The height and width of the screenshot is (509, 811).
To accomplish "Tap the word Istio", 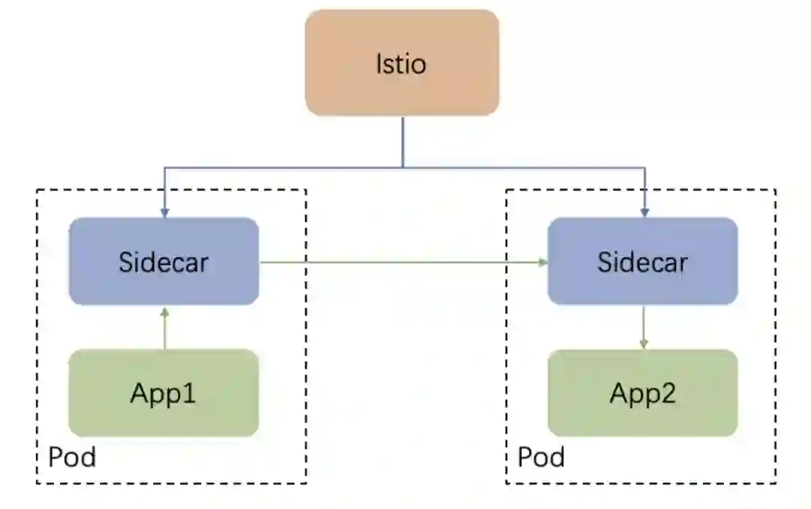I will pos(401,64).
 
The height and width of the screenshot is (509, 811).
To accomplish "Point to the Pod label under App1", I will pos(72,456).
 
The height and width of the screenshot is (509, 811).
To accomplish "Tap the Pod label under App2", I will pos(541,456).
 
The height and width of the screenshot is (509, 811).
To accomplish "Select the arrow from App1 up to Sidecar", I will pos(164,330).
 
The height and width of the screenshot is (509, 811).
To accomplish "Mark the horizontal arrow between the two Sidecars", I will pos(402,262).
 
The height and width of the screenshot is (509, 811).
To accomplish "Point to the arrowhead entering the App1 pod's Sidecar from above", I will pos(164,214).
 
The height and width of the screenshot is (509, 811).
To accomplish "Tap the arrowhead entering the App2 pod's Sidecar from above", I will pos(644,214).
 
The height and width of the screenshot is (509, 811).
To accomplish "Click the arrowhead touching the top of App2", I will pos(643,345).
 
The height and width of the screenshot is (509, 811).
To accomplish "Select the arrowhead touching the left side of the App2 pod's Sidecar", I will pos(543,262).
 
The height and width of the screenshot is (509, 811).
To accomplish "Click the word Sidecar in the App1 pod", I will pos(164,262).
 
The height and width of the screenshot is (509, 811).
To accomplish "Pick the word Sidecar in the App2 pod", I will pos(642,262).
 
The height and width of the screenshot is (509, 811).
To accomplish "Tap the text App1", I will pos(164,393).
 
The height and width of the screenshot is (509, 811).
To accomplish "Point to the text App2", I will pos(642,393).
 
